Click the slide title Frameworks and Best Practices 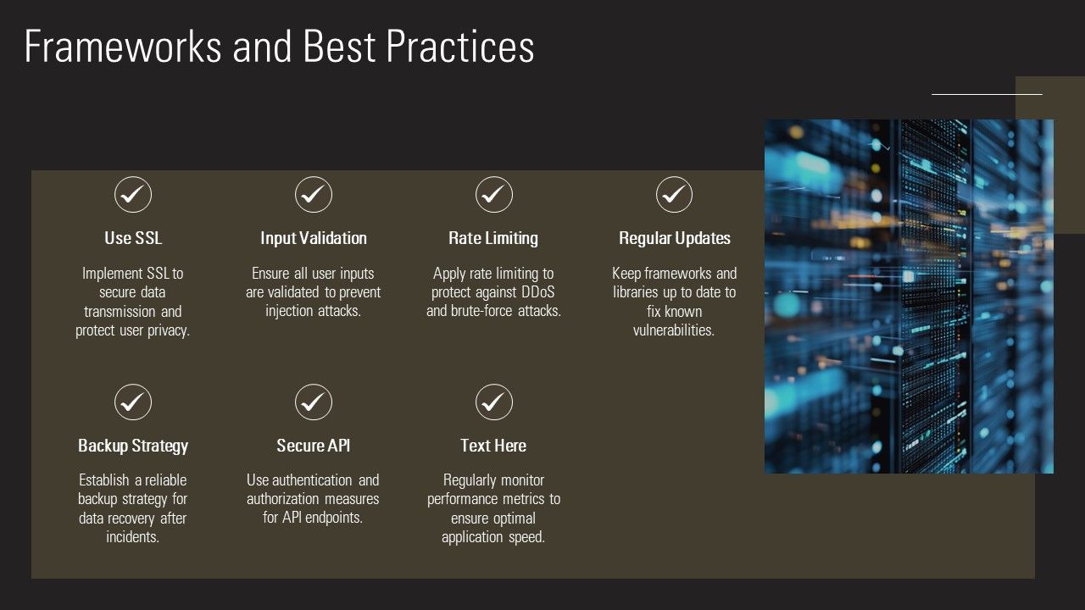point(279,47)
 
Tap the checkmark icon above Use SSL point(133,195)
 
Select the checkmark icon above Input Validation point(314,195)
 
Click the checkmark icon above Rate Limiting point(494,195)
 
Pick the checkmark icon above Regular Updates point(674,195)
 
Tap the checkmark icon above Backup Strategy point(133,402)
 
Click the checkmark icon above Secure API point(314,402)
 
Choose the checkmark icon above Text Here point(494,402)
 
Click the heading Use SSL point(133,238)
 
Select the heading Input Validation point(314,238)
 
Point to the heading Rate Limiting point(493,238)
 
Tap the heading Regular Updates point(674,238)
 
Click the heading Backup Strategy point(133,446)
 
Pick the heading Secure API point(314,446)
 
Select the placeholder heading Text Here point(493,446)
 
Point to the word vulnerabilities point(674,330)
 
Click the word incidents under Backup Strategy point(133,537)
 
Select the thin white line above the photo point(987,94)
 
